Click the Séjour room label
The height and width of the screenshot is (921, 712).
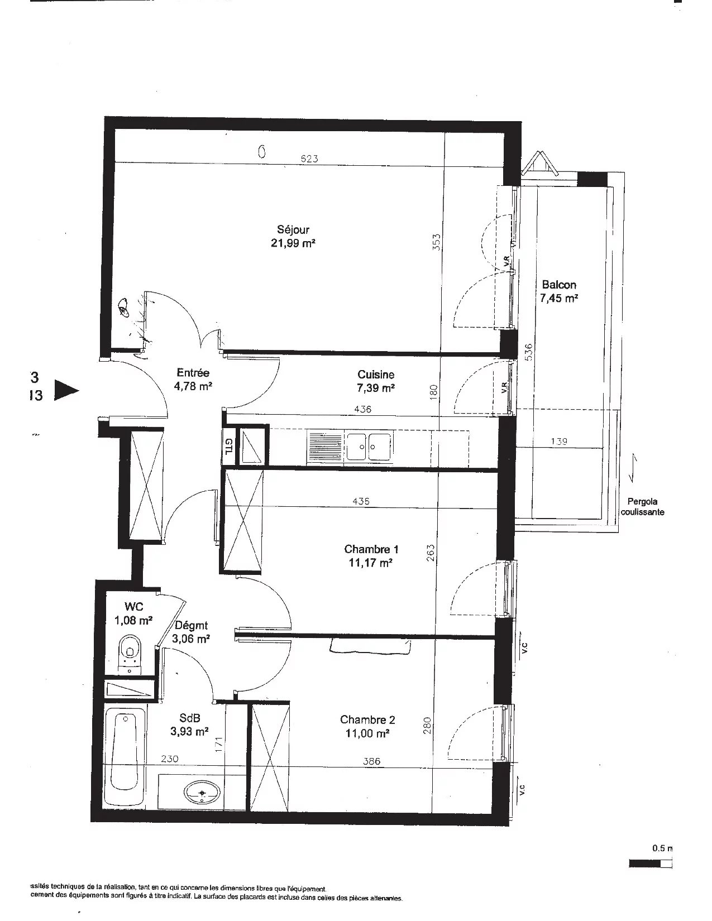coord(293,236)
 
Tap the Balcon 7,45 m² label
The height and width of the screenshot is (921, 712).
coord(558,291)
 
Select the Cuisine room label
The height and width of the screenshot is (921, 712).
coord(376,381)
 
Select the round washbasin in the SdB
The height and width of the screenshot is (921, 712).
coord(200,792)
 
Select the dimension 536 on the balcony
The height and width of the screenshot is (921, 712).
coord(528,353)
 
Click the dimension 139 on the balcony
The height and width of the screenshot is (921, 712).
coord(558,441)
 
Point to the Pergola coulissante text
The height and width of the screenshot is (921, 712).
coord(645,506)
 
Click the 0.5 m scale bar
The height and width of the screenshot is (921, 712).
coord(651,864)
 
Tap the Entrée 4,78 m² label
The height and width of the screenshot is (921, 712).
coord(193,379)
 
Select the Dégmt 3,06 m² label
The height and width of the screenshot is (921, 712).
coord(192,632)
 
